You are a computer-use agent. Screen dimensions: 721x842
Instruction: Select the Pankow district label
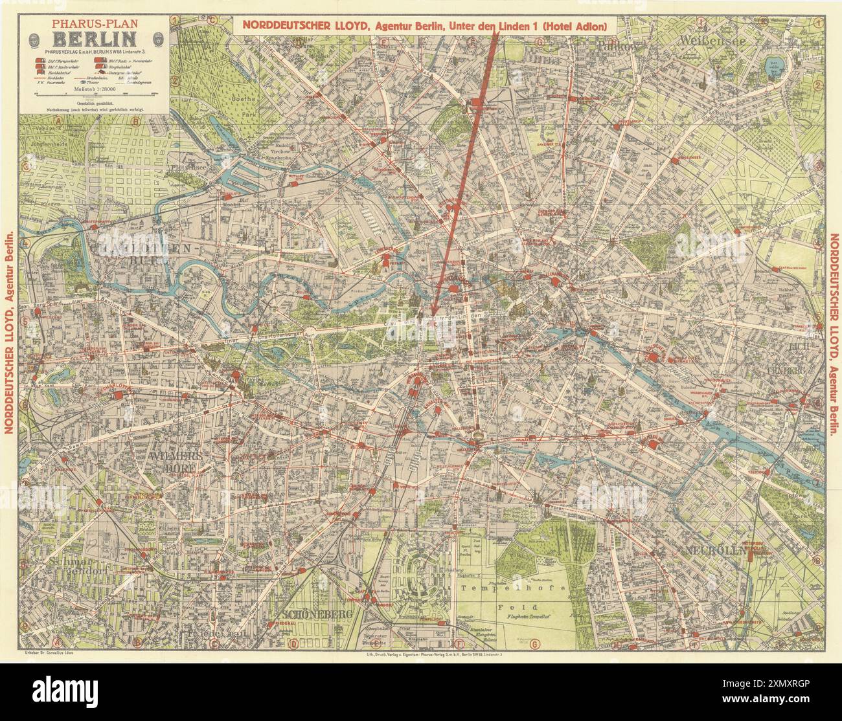coord(618,46)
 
